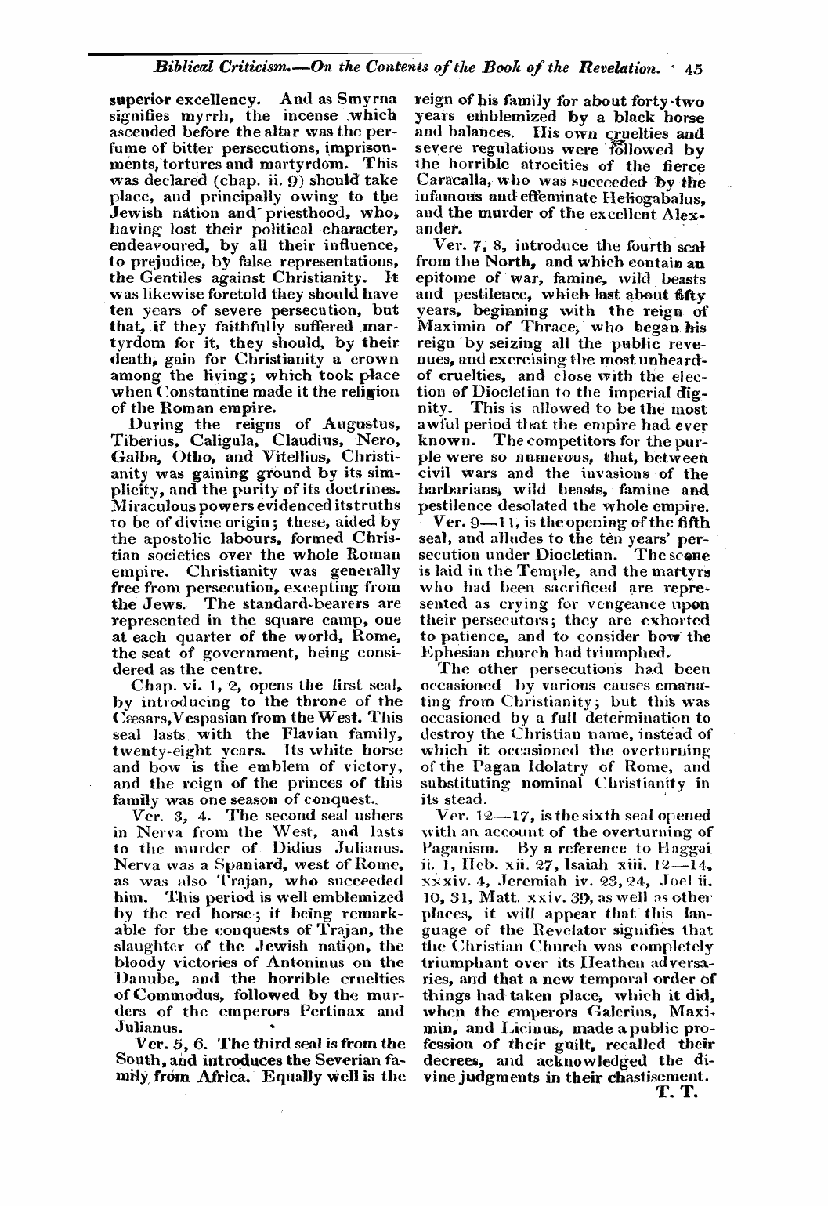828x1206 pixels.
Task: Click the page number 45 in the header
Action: (692, 68)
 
